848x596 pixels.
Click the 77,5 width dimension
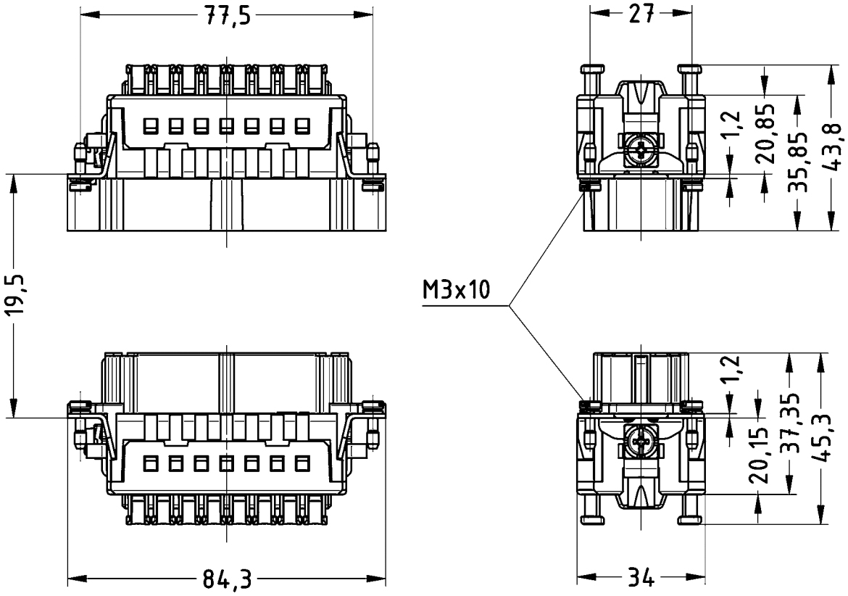[x=227, y=16]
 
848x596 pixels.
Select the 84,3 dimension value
[x=227, y=580]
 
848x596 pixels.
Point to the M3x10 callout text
[x=456, y=290]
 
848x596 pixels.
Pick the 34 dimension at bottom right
[x=641, y=579]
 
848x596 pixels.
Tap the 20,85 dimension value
[x=764, y=134]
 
